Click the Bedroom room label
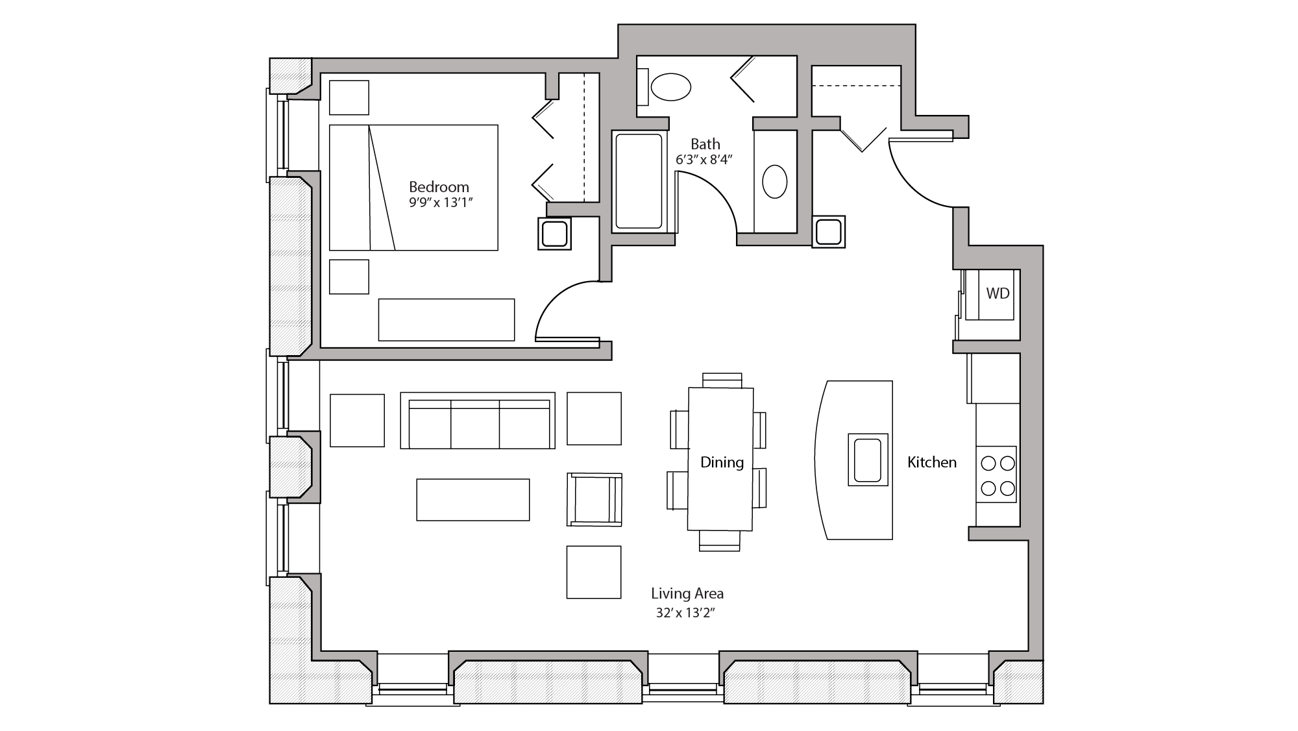click(439, 187)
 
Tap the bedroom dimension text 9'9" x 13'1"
click(440, 203)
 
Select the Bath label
click(705, 144)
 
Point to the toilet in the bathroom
click(670, 87)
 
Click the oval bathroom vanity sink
click(774, 182)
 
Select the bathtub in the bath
click(639, 182)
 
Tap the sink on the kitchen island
click(868, 460)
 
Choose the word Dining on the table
click(722, 462)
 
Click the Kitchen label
click(931, 462)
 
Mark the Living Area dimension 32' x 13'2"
click(685, 612)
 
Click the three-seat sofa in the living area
click(477, 421)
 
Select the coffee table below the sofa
click(472, 499)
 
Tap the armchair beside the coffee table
click(594, 499)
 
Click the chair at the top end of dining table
click(722, 380)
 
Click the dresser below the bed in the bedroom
click(446, 319)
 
